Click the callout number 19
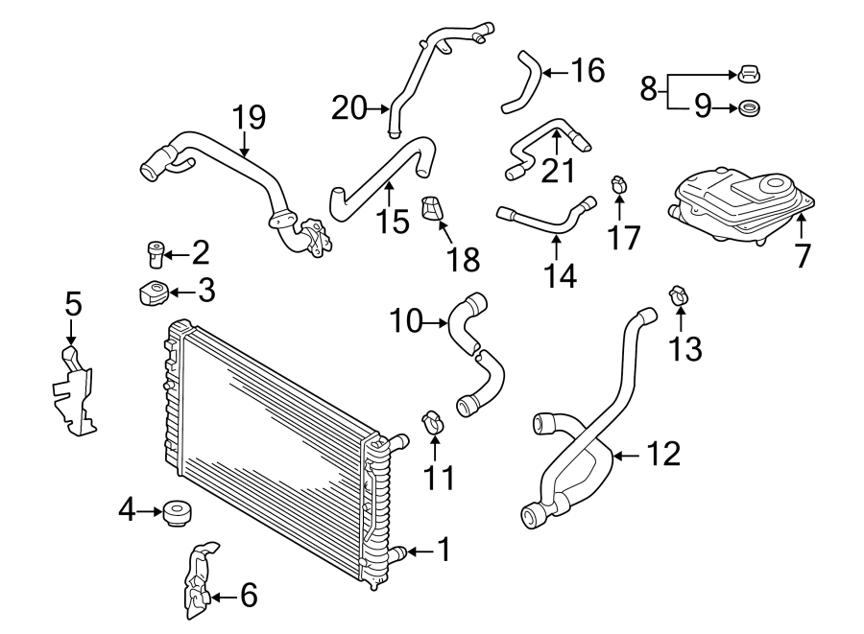point(248,119)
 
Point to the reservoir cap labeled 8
point(750,72)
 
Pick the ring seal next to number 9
point(750,107)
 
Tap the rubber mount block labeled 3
point(151,291)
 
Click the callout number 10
point(407,321)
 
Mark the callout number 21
point(558,170)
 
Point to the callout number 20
point(349,107)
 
